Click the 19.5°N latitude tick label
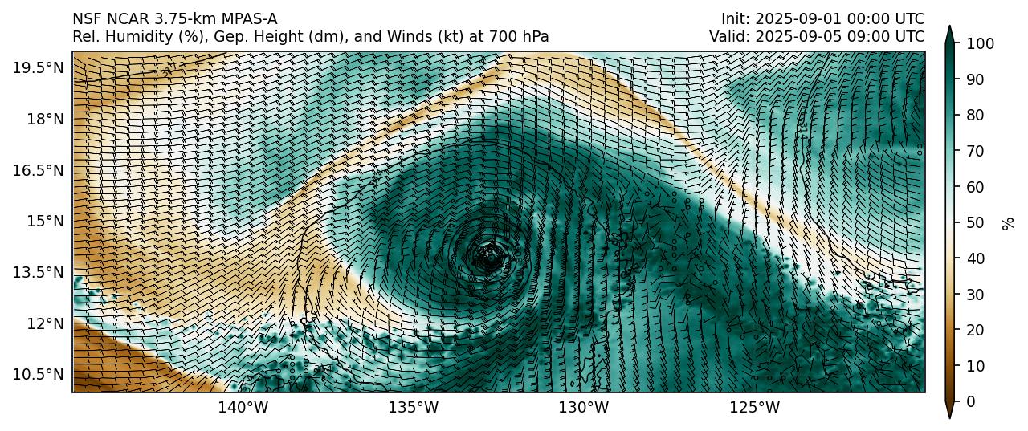tap(38, 67)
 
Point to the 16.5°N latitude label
tap(38, 170)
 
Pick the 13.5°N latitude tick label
tap(38, 272)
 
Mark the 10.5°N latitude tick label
tap(38, 375)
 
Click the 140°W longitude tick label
tap(243, 408)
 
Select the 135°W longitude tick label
tap(413, 408)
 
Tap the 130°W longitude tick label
tap(584, 408)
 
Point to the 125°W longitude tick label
tap(754, 408)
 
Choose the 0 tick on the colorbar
tap(968, 402)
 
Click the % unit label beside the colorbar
tap(1009, 222)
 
